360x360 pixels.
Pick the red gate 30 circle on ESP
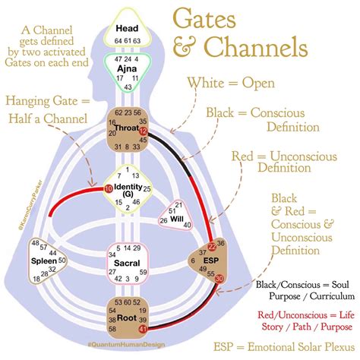(x=219, y=279)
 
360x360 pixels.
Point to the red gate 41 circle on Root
(x=144, y=330)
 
